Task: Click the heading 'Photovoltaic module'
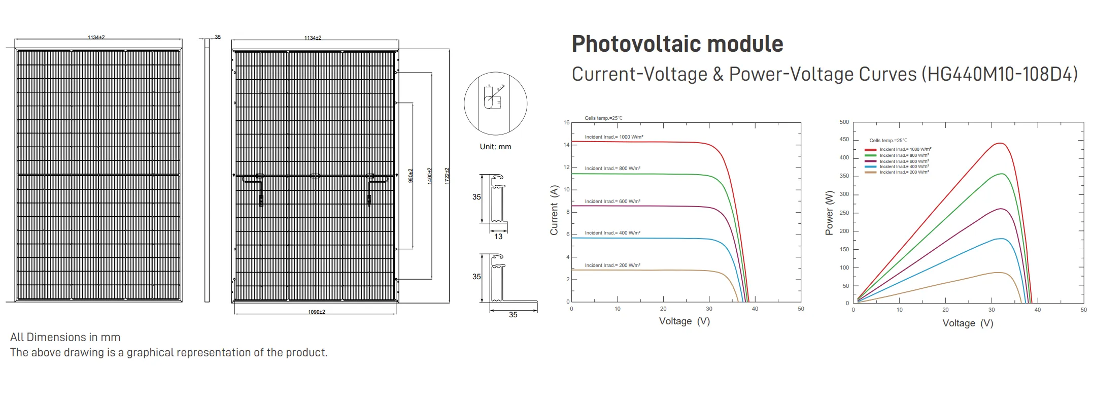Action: (677, 44)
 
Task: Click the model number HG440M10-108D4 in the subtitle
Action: (999, 75)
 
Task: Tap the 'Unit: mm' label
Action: (495, 147)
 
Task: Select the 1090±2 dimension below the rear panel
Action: (316, 312)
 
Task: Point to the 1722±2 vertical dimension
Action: (447, 176)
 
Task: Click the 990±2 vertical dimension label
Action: (411, 176)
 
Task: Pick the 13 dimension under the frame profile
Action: (498, 237)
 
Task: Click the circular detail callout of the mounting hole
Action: (495, 104)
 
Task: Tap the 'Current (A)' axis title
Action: (554, 210)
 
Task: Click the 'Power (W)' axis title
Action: (829, 213)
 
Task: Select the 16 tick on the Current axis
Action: (566, 122)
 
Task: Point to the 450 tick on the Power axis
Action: (844, 139)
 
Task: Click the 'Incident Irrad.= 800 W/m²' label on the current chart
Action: (612, 169)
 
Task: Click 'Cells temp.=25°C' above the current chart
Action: (603, 118)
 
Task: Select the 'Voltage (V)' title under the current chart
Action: (684, 321)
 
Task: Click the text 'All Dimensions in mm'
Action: (65, 337)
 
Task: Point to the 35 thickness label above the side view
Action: (218, 37)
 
